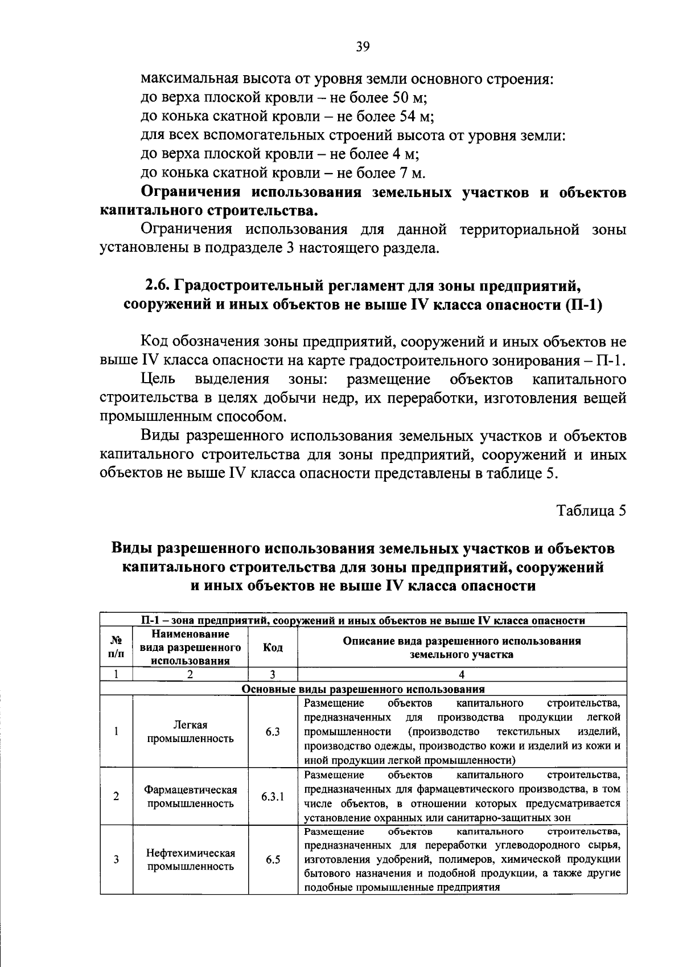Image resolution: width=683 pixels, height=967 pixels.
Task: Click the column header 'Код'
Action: pyautogui.click(x=273, y=648)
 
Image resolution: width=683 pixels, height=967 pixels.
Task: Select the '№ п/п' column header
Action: pyautogui.click(x=116, y=648)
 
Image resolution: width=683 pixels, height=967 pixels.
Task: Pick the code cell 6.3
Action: pyautogui.click(x=273, y=732)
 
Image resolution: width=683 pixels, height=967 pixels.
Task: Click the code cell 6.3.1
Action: pyautogui.click(x=273, y=796)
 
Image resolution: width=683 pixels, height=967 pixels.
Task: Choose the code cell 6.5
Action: pyautogui.click(x=273, y=859)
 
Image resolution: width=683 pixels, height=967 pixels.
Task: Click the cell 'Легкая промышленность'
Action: pyautogui.click(x=190, y=732)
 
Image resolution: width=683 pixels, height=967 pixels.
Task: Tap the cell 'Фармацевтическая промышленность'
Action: pyautogui.click(x=190, y=797)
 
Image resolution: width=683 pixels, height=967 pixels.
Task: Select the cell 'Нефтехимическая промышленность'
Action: pyautogui.click(x=190, y=860)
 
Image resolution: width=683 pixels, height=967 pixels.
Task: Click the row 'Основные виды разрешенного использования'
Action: pyautogui.click(x=363, y=689)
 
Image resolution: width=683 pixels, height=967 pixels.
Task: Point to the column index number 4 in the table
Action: pyautogui.click(x=462, y=674)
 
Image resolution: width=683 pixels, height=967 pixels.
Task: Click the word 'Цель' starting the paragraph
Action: pyautogui.click(x=158, y=379)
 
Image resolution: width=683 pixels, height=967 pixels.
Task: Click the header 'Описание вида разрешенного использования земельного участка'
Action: pyautogui.click(x=462, y=648)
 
